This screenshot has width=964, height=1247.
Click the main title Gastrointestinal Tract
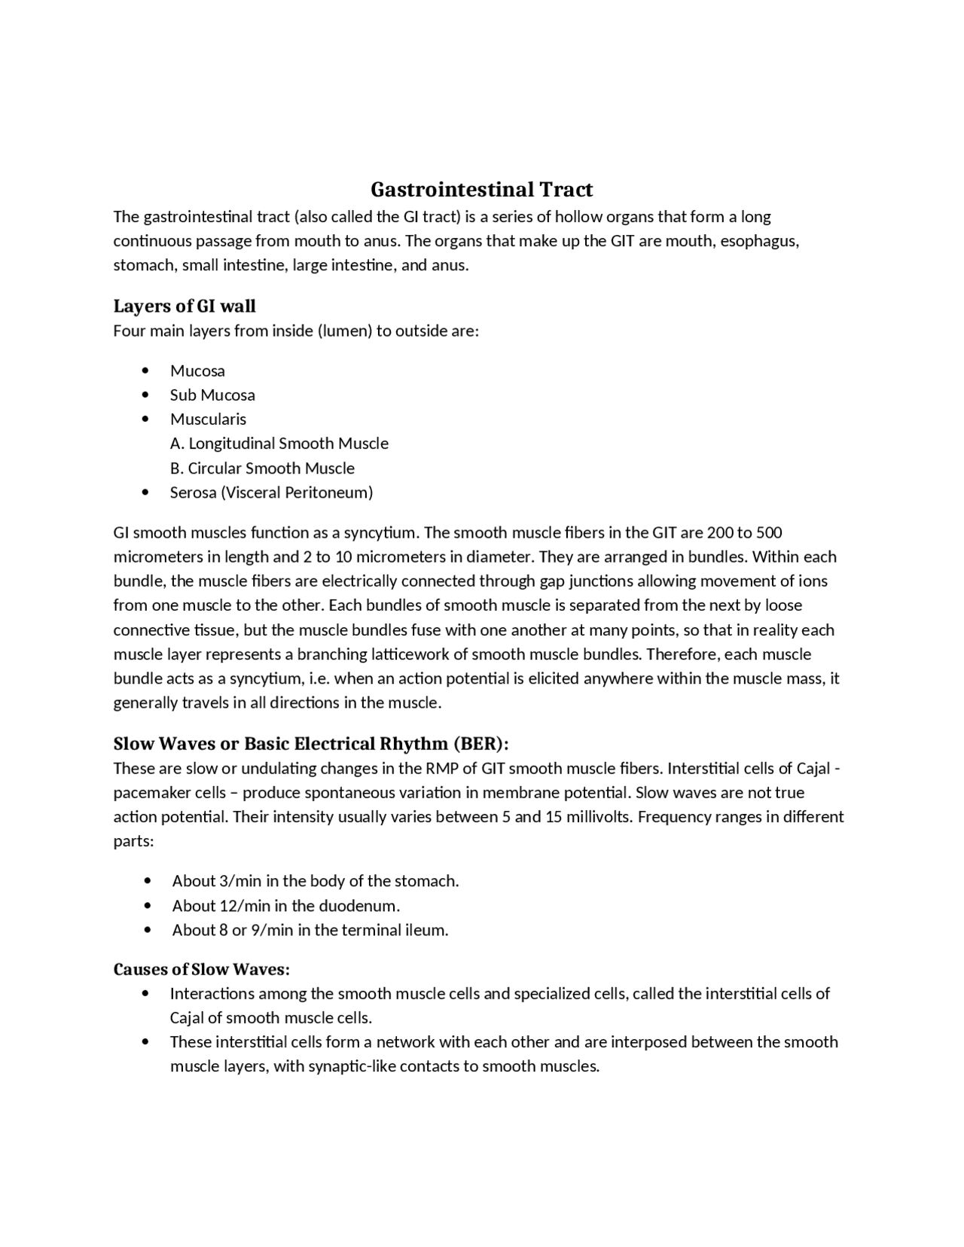point(481,189)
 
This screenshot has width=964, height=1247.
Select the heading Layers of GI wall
point(185,306)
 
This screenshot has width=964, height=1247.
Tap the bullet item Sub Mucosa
point(212,395)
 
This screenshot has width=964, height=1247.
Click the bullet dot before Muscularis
point(145,419)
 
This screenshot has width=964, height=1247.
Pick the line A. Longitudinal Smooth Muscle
point(279,444)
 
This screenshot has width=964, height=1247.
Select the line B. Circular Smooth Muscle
point(262,468)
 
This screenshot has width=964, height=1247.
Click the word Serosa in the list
point(193,492)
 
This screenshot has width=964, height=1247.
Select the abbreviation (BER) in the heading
point(480,743)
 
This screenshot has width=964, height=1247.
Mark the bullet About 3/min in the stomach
point(315,881)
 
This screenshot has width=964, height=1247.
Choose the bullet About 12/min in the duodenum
point(285,905)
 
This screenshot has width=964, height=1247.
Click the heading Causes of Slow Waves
point(201,968)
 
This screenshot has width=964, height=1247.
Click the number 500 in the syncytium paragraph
point(769,532)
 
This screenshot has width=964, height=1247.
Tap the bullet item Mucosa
point(197,370)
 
